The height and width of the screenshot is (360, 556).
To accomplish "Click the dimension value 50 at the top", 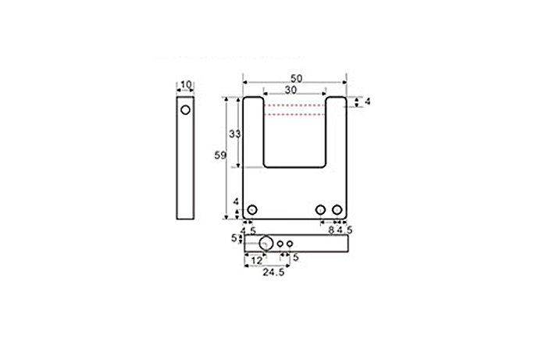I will click(x=296, y=78).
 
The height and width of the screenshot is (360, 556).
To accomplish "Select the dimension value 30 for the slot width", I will click(x=290, y=90).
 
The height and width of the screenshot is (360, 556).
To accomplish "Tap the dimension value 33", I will click(x=234, y=134).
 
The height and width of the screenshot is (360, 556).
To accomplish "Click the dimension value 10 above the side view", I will click(x=186, y=84).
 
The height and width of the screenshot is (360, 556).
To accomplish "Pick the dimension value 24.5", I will click(x=273, y=273).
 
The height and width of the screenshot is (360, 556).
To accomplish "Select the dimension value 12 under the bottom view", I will click(x=255, y=260).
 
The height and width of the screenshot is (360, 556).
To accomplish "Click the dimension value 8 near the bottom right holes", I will click(x=331, y=230).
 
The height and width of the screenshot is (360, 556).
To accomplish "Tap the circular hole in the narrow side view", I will click(x=185, y=110).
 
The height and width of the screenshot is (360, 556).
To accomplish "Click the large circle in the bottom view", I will click(x=266, y=244).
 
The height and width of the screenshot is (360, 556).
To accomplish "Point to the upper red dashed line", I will click(x=294, y=105).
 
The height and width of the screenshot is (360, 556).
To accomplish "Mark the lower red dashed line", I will click(x=294, y=115).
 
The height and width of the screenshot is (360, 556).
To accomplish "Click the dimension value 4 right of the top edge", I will click(x=368, y=102).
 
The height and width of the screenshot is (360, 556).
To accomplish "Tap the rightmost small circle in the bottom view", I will click(x=290, y=244).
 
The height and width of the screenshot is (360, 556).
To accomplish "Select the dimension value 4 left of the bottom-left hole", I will click(x=236, y=202).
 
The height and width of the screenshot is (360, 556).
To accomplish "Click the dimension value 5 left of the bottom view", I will click(x=234, y=239).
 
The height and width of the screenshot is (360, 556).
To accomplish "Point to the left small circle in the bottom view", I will click(x=280, y=244).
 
